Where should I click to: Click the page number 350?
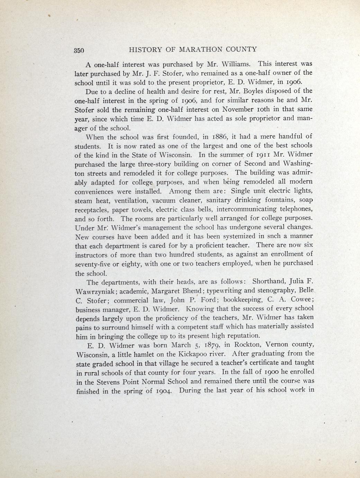[x=79, y=50]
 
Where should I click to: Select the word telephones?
[x=296, y=209]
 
